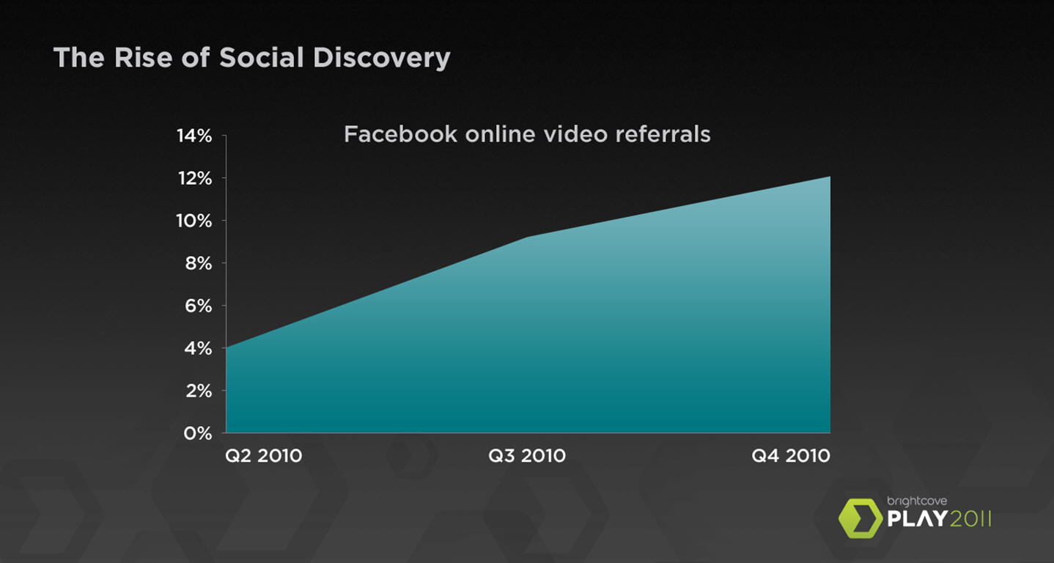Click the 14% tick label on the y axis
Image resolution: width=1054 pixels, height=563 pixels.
[x=194, y=136]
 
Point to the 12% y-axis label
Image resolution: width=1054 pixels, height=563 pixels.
[x=195, y=179]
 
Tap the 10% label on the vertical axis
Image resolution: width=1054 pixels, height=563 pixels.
[x=194, y=221]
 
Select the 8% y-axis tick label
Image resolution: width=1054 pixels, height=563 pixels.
[x=198, y=264]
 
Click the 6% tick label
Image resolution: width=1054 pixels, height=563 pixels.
[x=198, y=306]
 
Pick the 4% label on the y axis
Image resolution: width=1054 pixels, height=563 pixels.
[x=198, y=349]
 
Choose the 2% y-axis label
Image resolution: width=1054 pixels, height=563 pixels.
[x=199, y=391]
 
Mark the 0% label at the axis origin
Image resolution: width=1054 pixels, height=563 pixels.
[x=198, y=433]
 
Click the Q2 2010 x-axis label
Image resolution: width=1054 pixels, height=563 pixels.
[x=264, y=456]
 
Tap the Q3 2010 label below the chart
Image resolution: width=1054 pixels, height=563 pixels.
[x=527, y=456]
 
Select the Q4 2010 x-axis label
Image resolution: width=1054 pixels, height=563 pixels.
[x=791, y=456]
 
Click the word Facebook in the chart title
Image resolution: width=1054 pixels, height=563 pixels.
[x=400, y=134]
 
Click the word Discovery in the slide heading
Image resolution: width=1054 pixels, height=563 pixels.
[x=382, y=59]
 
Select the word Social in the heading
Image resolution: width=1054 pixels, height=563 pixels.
[x=262, y=57]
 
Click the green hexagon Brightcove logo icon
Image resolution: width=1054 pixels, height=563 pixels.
[x=860, y=518]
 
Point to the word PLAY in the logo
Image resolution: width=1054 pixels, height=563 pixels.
[x=917, y=519]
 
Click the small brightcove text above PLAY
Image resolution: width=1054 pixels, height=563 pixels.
[x=917, y=501]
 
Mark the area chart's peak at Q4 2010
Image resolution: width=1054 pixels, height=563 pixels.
[x=830, y=177]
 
